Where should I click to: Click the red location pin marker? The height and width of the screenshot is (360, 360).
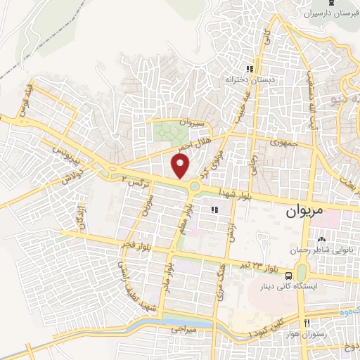coord(181,165)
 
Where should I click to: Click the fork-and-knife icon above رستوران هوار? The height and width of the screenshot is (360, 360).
coord(307,323)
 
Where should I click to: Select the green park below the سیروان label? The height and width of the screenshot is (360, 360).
coord(167,131)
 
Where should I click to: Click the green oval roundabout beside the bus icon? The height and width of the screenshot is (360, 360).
coord(302,271)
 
